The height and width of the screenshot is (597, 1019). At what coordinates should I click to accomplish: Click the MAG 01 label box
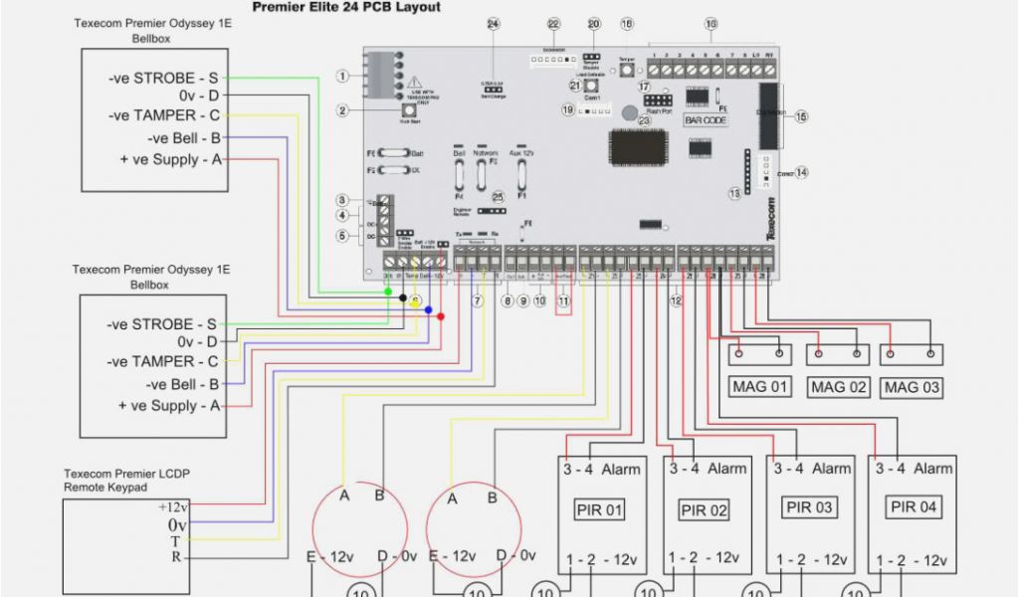[x=761, y=387]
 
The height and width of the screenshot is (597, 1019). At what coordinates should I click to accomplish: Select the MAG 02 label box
[x=837, y=387]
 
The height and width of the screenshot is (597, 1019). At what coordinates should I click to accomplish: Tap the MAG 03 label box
[x=913, y=387]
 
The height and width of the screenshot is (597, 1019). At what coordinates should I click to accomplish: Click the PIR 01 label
[x=600, y=510]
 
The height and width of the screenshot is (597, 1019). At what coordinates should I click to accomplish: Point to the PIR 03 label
[x=809, y=507]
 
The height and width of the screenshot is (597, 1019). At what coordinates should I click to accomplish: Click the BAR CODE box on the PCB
[x=706, y=120]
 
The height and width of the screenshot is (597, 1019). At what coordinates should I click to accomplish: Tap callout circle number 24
[x=493, y=24]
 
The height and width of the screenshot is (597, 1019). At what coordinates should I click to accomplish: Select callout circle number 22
[x=553, y=24]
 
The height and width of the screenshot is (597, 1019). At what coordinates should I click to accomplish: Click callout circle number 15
[x=801, y=116]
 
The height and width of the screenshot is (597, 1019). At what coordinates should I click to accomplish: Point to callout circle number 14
[x=801, y=172]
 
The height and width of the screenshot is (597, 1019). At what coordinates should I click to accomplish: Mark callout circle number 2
[x=342, y=111]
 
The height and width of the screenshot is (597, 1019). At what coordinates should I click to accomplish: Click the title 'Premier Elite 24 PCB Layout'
[x=345, y=7]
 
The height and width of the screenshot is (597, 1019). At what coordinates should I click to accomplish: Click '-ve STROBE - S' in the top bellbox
[x=163, y=78]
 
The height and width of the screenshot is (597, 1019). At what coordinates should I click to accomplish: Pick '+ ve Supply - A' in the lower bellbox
[x=168, y=406]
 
